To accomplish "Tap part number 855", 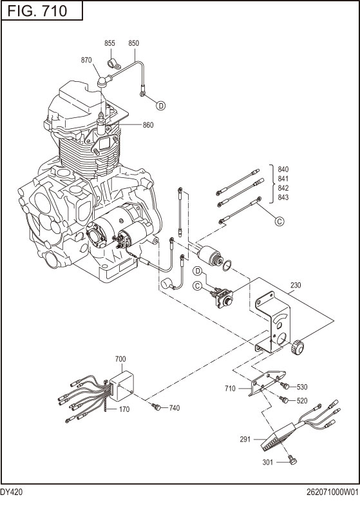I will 109,43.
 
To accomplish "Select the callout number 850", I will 133,43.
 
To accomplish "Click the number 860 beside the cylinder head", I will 147,124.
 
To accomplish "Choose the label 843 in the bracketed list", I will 283,197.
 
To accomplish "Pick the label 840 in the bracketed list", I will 283,170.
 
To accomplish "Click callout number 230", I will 296,285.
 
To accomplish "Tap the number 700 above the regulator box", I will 120,358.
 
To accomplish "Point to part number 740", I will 175,408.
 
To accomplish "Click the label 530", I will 302,387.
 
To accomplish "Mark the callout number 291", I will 244,440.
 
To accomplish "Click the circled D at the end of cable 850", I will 161,104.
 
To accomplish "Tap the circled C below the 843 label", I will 279,221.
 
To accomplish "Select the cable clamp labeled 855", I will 111,64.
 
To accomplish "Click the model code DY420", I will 12,491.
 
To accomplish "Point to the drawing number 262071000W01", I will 332,491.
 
